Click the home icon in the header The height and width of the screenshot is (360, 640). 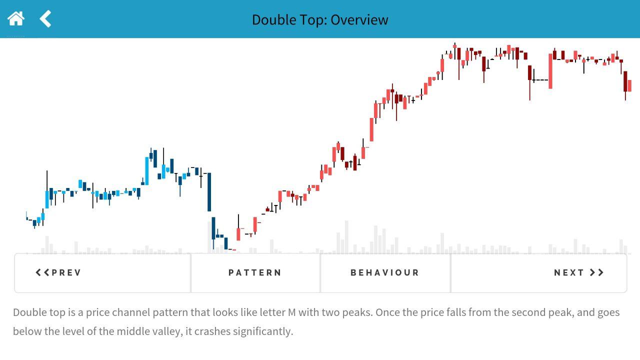coord(16,19)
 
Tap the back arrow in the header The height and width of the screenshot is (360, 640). coord(45,19)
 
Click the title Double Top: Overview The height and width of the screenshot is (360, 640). coord(320,19)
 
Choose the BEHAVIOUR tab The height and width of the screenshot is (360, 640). coord(385,272)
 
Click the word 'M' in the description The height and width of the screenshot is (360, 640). coord(291,312)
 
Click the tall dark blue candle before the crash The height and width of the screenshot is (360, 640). coord(209,192)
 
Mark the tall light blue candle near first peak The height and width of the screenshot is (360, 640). coord(147,171)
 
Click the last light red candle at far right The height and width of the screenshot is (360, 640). coord(629,85)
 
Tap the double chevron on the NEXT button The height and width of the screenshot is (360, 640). coord(596,272)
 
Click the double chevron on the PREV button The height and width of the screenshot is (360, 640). coord(42,272)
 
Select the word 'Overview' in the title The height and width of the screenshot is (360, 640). coord(359,19)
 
